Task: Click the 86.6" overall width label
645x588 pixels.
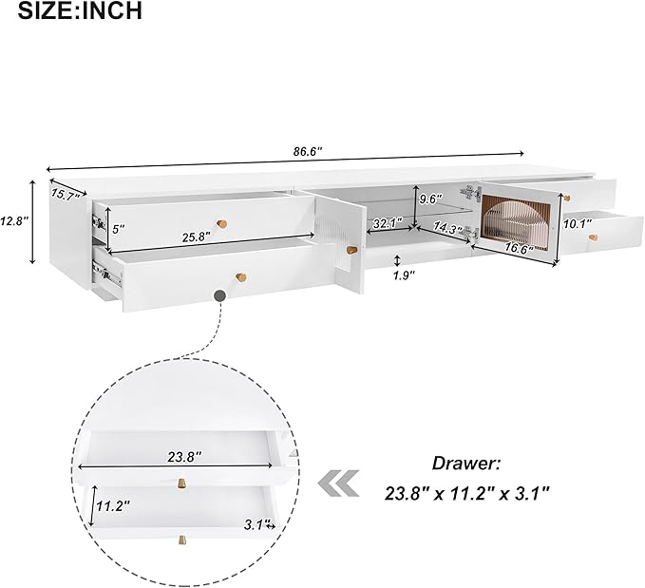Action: [307, 151]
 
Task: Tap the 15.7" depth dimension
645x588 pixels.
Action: [66, 194]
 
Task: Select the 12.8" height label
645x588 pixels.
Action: [14, 221]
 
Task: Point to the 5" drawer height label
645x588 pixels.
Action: [118, 229]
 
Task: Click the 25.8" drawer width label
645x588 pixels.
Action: [197, 237]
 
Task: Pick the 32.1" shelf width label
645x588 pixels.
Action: [387, 224]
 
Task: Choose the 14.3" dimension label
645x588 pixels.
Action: [448, 228]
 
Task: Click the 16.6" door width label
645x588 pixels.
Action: [519, 247]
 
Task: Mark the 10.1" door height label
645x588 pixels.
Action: [578, 223]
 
